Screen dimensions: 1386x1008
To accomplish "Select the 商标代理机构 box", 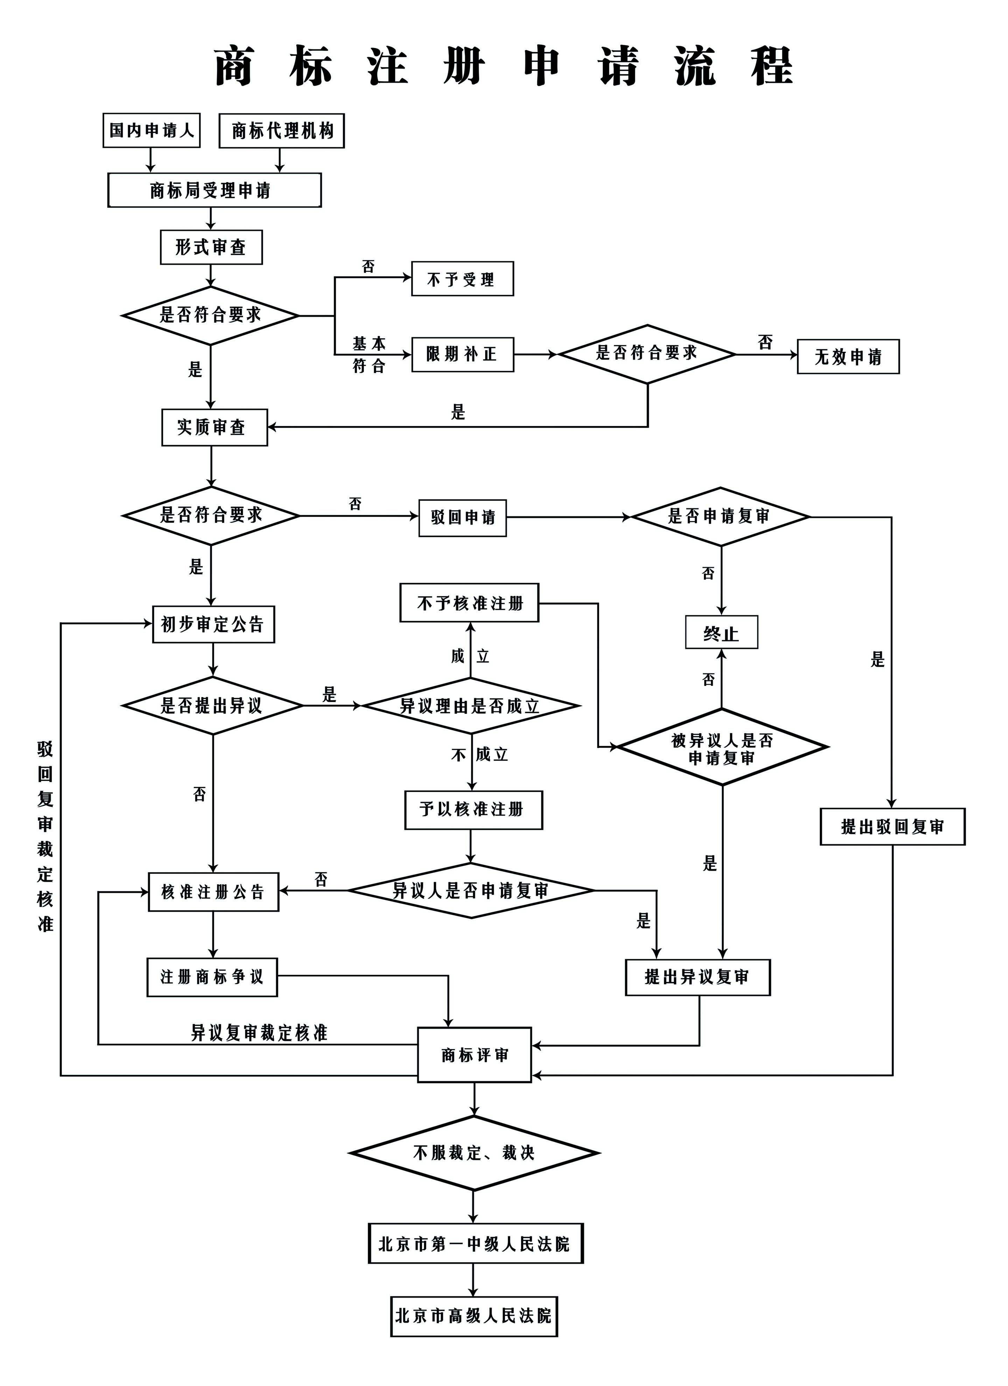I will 282,131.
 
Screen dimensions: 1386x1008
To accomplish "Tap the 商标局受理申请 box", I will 215,190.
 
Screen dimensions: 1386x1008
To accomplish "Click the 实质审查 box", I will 215,427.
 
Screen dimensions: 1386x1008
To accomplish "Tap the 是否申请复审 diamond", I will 720,516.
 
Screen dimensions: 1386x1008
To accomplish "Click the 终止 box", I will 721,632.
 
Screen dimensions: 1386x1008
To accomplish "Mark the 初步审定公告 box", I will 213,624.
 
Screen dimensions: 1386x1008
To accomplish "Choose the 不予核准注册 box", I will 469,603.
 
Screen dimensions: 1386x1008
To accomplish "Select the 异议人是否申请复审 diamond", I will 471,890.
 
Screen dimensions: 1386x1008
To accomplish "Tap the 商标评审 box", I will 474,1054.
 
